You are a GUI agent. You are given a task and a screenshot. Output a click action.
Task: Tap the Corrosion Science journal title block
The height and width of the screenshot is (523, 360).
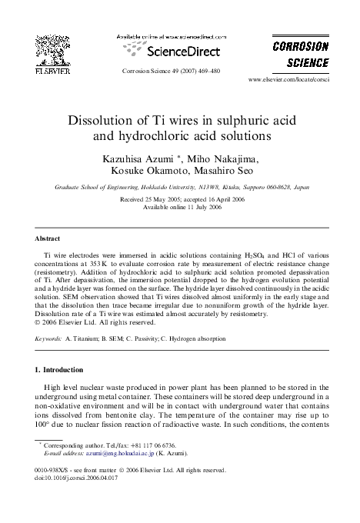301,54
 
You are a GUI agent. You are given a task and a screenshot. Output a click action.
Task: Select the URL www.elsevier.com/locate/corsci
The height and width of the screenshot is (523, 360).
288,80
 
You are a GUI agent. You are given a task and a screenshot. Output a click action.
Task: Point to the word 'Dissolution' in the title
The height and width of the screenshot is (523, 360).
108,122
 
